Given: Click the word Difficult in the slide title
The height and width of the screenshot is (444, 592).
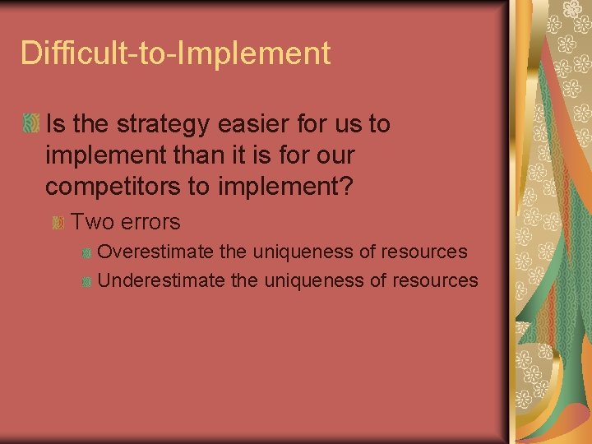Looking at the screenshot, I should [x=69, y=53].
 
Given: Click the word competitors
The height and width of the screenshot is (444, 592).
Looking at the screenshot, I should [x=113, y=187].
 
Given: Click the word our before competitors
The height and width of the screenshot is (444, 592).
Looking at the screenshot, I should [x=334, y=155].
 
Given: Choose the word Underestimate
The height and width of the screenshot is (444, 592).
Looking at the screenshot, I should [x=161, y=280].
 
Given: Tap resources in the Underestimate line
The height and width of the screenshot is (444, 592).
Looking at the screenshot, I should [x=435, y=280].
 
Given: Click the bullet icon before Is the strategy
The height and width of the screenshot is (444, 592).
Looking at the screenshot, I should [x=31, y=125].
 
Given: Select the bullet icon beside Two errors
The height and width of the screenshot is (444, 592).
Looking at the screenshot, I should [x=58, y=223].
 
